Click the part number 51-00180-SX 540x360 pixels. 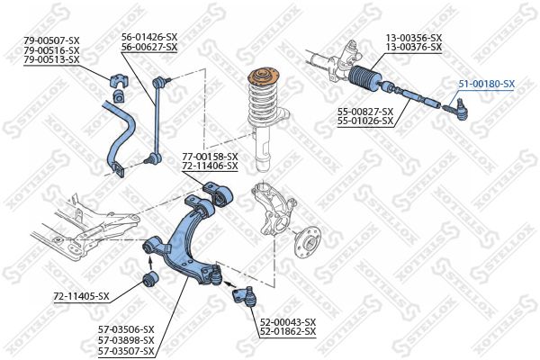[486, 84]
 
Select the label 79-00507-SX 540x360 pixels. [51, 40]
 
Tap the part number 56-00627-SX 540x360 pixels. [149, 47]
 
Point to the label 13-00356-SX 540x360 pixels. [414, 38]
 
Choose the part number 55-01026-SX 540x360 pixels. [365, 121]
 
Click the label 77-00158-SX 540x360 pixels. [210, 157]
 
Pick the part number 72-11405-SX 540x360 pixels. [81, 296]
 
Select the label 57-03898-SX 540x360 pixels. [126, 341]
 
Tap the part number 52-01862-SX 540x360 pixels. [288, 332]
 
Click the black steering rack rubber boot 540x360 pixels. [364, 79]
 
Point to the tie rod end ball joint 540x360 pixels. [454, 110]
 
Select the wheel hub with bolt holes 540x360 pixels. [307, 242]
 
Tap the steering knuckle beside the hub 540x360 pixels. [274, 209]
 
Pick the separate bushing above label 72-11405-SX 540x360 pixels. [150, 279]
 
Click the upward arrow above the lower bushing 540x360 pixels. [150, 263]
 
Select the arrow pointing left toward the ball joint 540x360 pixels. [230, 283]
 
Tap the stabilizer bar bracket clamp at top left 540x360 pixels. [119, 81]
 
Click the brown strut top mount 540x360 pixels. [264, 77]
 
